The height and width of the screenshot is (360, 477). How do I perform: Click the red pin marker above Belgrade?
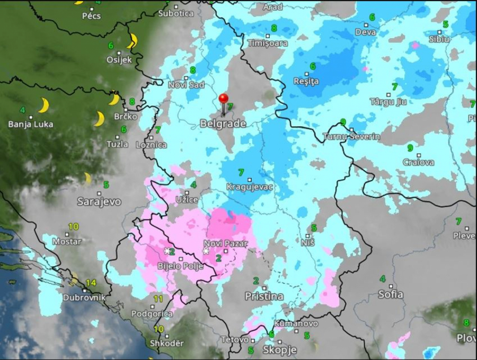click(223, 99)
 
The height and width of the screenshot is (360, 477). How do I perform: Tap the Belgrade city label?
click(223, 124)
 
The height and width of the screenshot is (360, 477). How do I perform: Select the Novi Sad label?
click(186, 85)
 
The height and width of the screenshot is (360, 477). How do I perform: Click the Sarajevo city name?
click(99, 201)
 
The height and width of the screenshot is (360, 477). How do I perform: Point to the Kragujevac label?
click(246, 187)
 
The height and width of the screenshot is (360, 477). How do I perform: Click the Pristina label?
click(264, 296)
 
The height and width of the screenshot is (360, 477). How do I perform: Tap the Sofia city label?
click(390, 294)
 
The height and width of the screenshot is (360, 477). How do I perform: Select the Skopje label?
click(280, 350)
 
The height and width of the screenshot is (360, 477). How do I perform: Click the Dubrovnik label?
click(84, 297)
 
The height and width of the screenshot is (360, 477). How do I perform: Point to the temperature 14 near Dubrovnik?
click(91, 283)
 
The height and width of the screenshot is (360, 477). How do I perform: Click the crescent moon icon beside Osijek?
click(133, 40)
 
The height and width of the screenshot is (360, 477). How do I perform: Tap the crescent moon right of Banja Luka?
click(44, 105)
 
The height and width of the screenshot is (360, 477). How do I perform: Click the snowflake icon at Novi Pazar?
click(206, 251)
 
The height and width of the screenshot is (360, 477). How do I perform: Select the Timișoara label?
click(268, 43)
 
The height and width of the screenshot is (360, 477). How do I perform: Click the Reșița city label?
click(306, 81)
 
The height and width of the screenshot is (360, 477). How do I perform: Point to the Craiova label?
click(418, 162)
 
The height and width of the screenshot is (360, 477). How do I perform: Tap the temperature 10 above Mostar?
click(73, 226)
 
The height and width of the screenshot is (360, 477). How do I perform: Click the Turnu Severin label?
click(352, 136)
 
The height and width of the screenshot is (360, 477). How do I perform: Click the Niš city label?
click(308, 242)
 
